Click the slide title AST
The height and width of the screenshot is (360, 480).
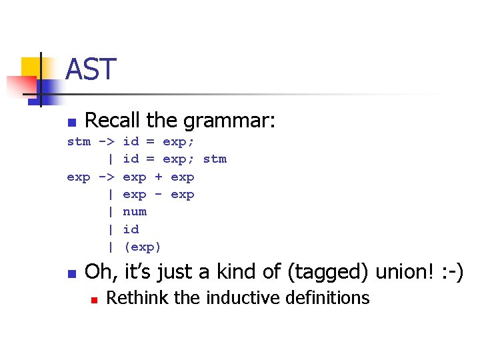(x=91, y=69)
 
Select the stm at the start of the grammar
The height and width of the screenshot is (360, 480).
(x=79, y=141)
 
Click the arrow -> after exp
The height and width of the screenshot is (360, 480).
(x=107, y=177)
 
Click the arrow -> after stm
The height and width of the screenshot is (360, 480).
(x=107, y=141)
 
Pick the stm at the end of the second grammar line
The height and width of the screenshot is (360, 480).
(x=215, y=159)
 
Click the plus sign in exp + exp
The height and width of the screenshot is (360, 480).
(x=159, y=177)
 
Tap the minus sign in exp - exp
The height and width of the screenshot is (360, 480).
(x=159, y=195)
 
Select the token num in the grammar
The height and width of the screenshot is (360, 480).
(x=135, y=211)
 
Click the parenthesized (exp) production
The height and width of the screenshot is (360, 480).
(x=143, y=247)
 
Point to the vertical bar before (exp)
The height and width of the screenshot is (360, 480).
(x=111, y=247)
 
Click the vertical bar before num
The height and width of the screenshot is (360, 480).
(x=111, y=211)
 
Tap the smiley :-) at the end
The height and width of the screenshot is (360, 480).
(x=451, y=272)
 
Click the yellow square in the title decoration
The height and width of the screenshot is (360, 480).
(x=32, y=67)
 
